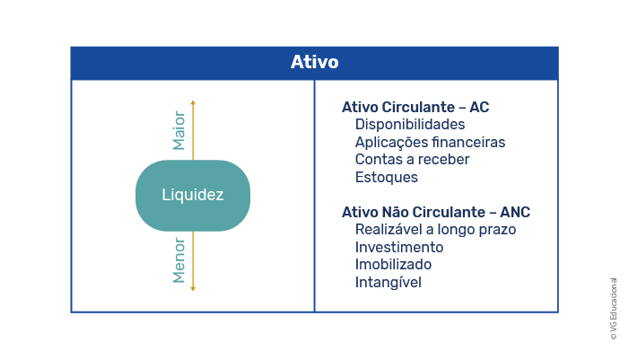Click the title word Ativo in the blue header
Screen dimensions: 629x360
[314, 62]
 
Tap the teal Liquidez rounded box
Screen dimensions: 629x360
[193, 196]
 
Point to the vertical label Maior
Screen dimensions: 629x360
[179, 130]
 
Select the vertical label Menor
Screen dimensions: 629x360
[179, 260]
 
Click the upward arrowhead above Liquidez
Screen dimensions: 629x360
[193, 102]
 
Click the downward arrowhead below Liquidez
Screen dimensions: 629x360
[193, 288]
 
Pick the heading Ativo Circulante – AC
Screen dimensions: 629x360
[415, 107]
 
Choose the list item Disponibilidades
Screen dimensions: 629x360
[410, 125]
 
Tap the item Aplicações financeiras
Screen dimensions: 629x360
[430, 143]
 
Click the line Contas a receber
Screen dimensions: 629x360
[413, 159]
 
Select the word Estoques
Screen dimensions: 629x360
[387, 178]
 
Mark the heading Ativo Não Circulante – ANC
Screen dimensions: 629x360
[436, 212]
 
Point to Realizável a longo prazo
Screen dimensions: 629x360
[436, 230]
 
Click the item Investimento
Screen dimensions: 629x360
[399, 247]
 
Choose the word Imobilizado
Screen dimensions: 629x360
[394, 265]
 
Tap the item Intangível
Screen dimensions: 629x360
[389, 283]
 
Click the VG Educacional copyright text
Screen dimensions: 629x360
[614, 309]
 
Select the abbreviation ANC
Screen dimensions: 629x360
[515, 212]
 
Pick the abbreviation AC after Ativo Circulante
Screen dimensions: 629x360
[479, 107]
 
